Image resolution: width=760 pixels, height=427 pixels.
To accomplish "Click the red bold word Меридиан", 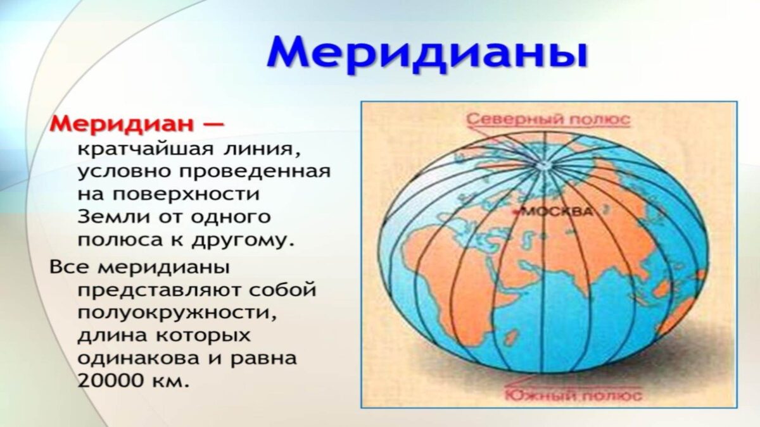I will point(122,123).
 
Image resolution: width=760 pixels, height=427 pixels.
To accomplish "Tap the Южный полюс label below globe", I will point(573,396).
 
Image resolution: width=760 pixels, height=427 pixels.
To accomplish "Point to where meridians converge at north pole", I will point(544,165).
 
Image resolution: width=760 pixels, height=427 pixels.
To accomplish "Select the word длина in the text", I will point(110,335).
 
